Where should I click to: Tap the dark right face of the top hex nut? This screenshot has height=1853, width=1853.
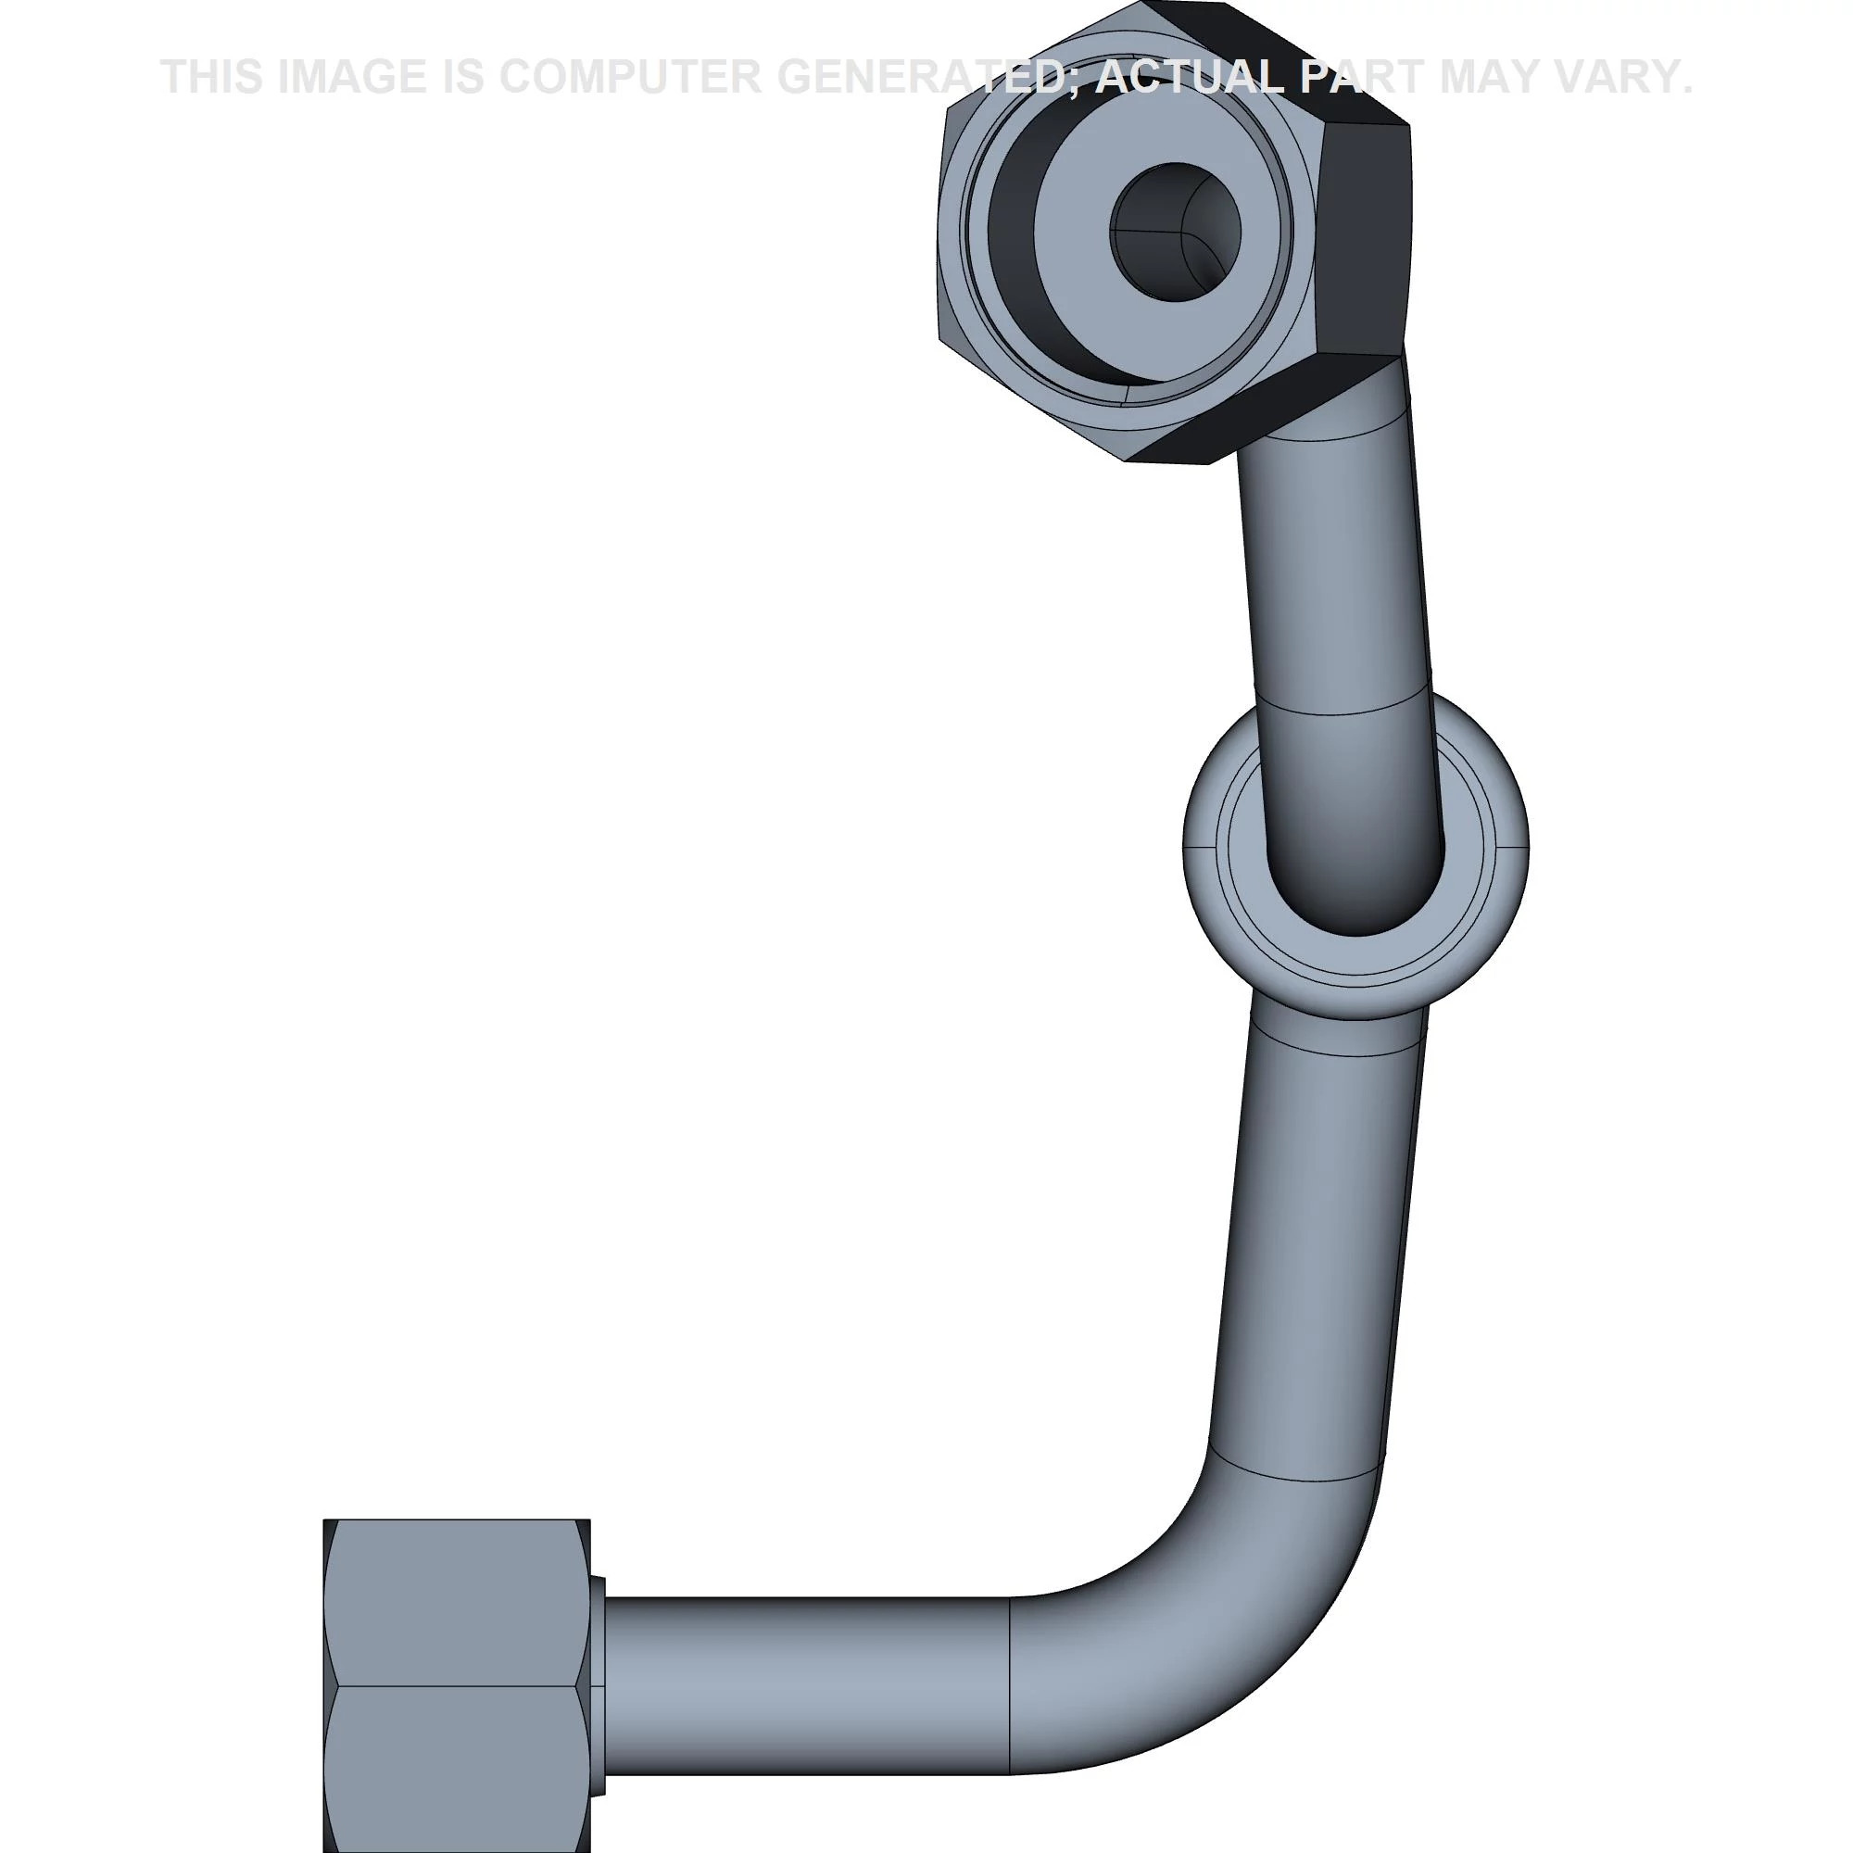tap(1362, 240)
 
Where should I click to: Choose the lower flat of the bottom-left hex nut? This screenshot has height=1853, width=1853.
tap(456, 1765)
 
